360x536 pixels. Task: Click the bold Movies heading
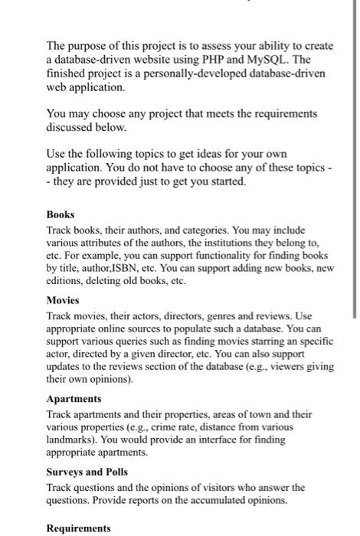pos(64,301)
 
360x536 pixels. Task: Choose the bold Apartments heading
pos(74,399)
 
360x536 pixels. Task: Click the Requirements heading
pos(79,528)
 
